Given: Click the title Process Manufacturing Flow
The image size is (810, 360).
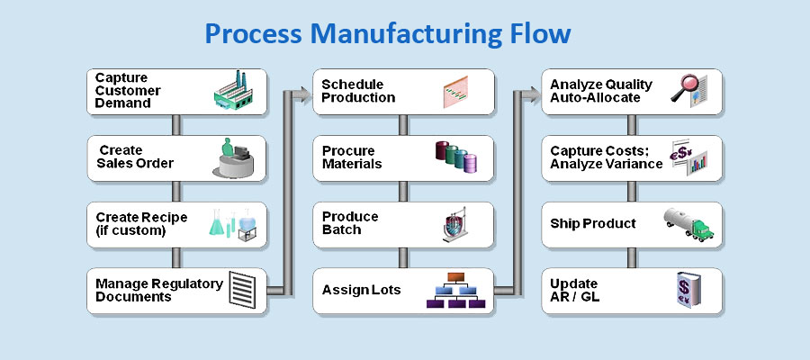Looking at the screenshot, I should (x=387, y=34).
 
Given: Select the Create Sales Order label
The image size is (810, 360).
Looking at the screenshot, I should (x=135, y=157).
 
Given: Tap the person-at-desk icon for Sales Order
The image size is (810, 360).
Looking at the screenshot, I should (x=236, y=157).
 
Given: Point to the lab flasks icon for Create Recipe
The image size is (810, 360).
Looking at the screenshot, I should (x=233, y=223).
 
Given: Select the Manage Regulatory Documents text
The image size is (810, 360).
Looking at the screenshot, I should (x=159, y=290).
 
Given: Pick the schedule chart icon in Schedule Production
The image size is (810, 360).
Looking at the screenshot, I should (x=462, y=92).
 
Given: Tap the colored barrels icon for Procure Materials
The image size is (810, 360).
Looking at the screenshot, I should (x=457, y=157).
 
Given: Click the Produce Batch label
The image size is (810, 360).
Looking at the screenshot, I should (x=350, y=223).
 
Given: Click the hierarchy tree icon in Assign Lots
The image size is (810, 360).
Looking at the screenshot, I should (x=459, y=291).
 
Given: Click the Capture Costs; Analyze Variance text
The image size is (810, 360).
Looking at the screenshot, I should (x=606, y=157).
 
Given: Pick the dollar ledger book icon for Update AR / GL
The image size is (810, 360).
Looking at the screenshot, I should (x=688, y=290).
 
